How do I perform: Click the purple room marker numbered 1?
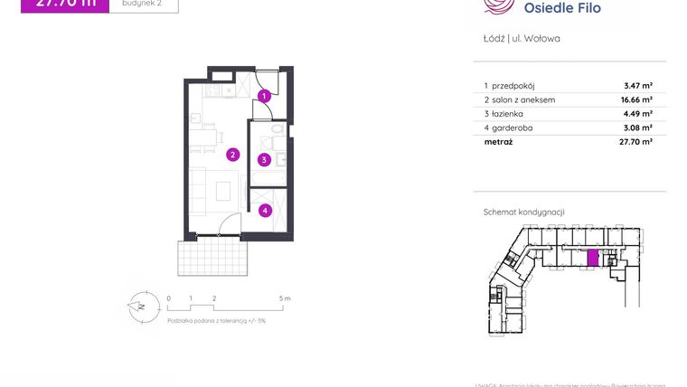(x=263, y=95)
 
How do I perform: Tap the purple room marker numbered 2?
(x=232, y=155)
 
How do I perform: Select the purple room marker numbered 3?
(x=264, y=160)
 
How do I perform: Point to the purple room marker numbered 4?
(x=264, y=211)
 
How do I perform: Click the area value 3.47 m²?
(x=638, y=85)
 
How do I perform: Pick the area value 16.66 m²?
(x=636, y=99)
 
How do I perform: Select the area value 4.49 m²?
(x=638, y=114)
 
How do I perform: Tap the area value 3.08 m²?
(x=638, y=128)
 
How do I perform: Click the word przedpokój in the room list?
(x=517, y=85)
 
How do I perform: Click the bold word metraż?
(x=497, y=142)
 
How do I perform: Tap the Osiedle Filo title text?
(x=562, y=8)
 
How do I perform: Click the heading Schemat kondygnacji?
(x=524, y=212)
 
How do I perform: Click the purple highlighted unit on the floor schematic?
(x=593, y=259)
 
